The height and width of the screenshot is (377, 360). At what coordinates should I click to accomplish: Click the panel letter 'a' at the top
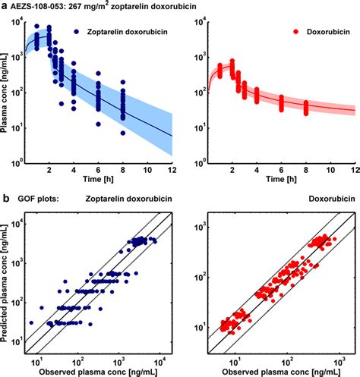(5, 6)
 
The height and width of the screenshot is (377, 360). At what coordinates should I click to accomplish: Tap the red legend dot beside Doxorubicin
(279, 33)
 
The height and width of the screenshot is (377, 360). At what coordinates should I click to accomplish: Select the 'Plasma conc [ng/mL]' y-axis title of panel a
(7, 93)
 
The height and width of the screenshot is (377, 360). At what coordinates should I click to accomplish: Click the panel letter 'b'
(5, 201)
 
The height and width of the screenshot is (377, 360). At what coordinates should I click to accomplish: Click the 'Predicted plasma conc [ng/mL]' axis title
(7, 284)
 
